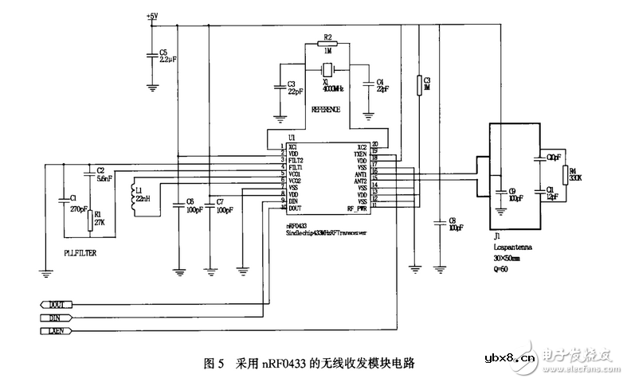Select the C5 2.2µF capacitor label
pyautogui.click(x=166, y=55)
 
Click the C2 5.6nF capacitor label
pyautogui.click(x=102, y=175)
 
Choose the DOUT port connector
pyautogui.click(x=56, y=304)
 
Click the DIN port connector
pyautogui.click(x=56, y=317)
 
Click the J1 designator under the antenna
pyautogui.click(x=496, y=236)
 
